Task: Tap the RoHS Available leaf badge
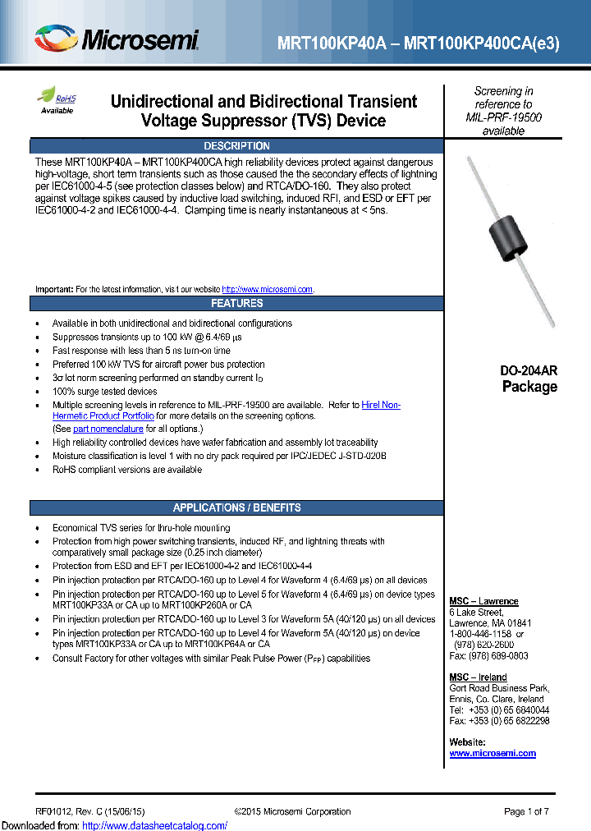click(x=57, y=100)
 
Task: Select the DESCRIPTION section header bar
click(x=236, y=145)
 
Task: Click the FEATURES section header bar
click(x=236, y=303)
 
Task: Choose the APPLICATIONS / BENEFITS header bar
click(x=236, y=507)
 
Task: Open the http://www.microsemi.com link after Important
click(x=268, y=290)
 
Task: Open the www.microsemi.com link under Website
click(x=492, y=753)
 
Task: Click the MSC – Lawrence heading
click(x=483, y=601)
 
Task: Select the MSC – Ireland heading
click(x=479, y=677)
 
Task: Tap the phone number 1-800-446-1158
click(x=481, y=634)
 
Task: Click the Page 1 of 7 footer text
click(x=526, y=811)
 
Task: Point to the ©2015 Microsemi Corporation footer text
click(x=292, y=811)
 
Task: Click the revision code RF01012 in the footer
click(x=54, y=811)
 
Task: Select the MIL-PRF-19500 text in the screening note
click(x=503, y=117)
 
